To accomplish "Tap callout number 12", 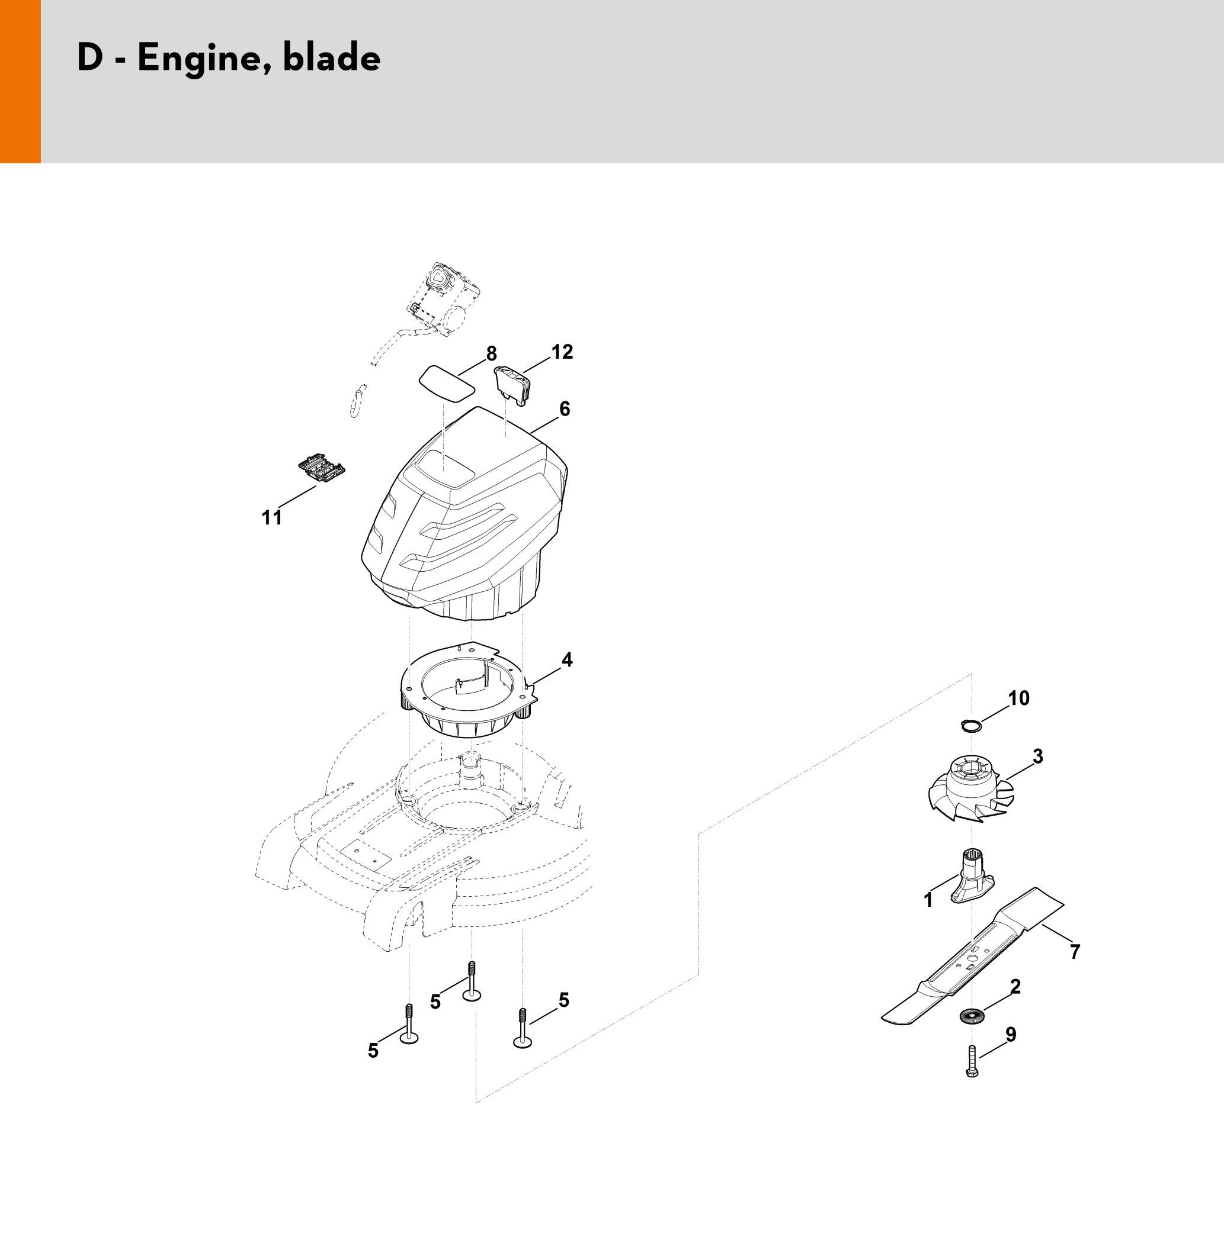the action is (562, 352).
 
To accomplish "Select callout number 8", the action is (491, 353).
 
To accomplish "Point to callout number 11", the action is (272, 517).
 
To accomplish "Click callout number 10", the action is (1019, 698).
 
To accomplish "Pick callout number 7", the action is (1075, 951).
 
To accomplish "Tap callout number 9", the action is (1011, 1034).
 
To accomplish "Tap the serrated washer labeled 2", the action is (970, 1016).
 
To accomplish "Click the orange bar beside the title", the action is (20, 82).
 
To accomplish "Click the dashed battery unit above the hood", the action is (444, 299).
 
